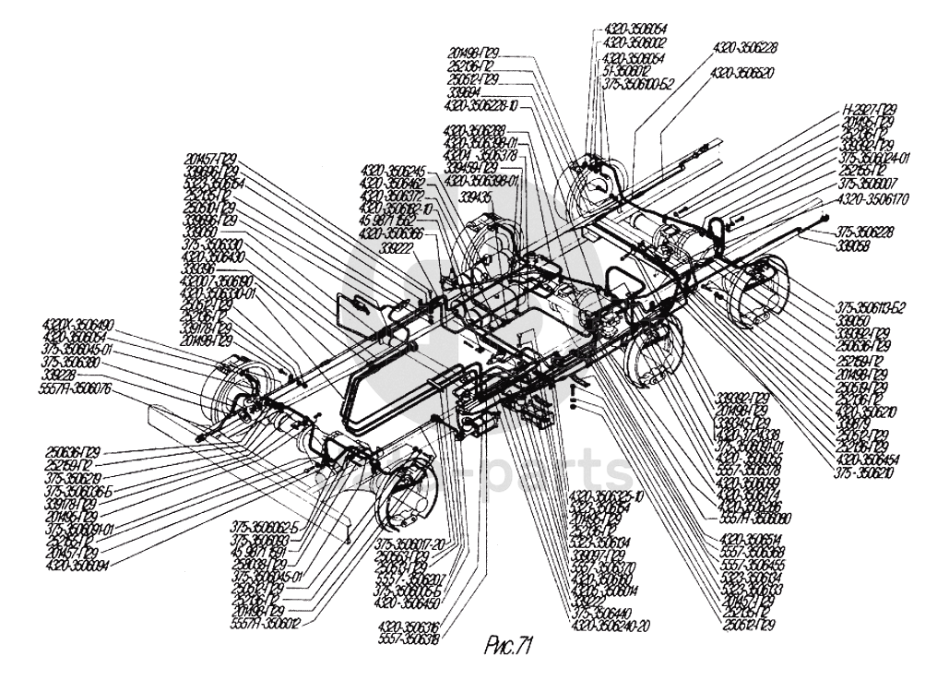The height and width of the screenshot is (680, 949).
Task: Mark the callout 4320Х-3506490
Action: pos(78,324)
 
